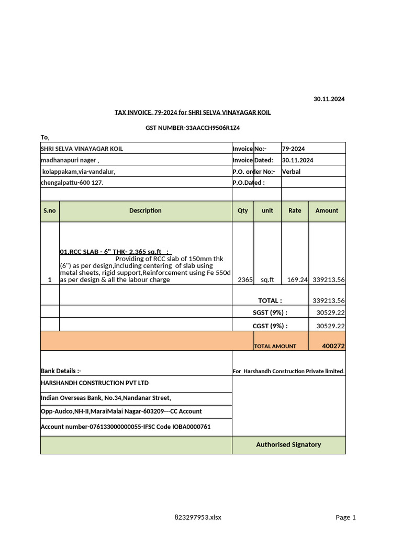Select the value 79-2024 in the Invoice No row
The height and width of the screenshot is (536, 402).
pyautogui.click(x=293, y=149)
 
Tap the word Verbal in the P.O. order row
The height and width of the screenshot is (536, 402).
pyautogui.click(x=291, y=171)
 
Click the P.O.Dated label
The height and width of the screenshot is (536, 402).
pyautogui.click(x=248, y=183)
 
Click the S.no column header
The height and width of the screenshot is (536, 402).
pyautogui.click(x=50, y=210)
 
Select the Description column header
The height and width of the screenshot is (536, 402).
pyautogui.click(x=146, y=210)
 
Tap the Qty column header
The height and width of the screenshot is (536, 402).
pyautogui.click(x=243, y=210)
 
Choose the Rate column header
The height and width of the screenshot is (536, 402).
pyautogui.click(x=295, y=210)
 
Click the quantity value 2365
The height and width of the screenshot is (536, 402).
pyautogui.click(x=245, y=280)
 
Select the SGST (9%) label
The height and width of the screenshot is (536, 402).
pyautogui.click(x=270, y=313)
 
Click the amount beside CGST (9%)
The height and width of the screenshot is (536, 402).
pyautogui.click(x=330, y=326)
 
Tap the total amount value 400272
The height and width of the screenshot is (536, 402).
pyautogui.click(x=333, y=346)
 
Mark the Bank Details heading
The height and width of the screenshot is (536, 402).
pyautogui.click(x=61, y=371)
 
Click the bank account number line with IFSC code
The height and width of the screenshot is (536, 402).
pyautogui.click(x=126, y=427)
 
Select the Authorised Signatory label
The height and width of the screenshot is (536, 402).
pyautogui.click(x=288, y=444)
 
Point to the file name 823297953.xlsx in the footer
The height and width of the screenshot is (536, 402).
pyautogui.click(x=198, y=517)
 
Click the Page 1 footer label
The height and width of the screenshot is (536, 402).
pyautogui.click(x=345, y=517)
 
